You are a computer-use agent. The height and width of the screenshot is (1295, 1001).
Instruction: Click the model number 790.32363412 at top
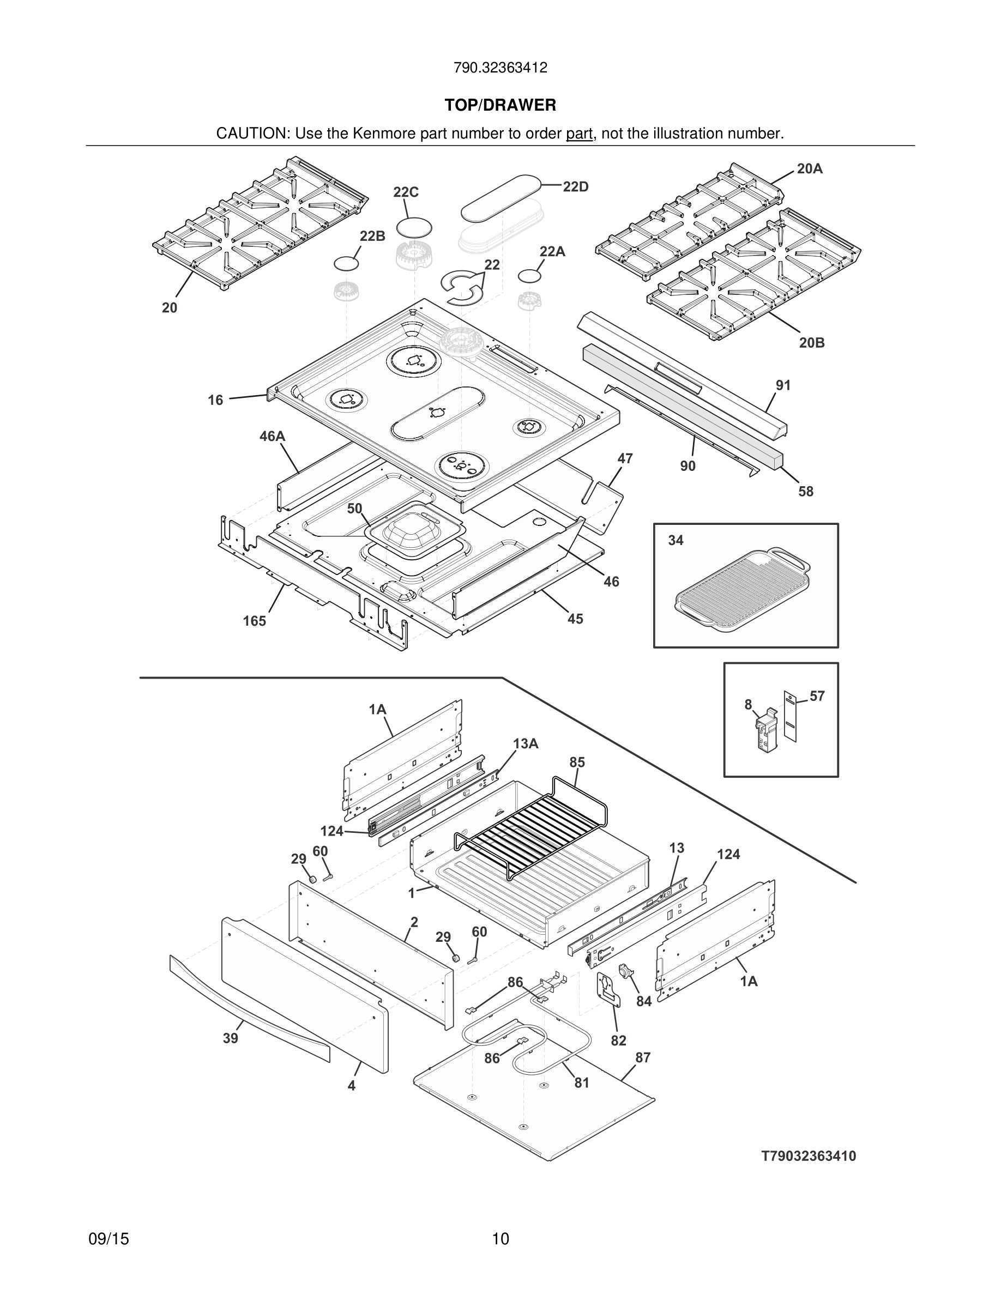500,68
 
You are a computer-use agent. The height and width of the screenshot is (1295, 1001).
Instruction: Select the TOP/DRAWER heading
500,106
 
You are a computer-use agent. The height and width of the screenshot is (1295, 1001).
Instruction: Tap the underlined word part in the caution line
579,134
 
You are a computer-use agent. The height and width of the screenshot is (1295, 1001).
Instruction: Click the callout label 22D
575,187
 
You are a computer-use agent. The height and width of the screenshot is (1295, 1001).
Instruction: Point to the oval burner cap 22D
501,196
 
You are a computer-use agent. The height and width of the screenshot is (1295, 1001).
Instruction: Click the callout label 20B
811,343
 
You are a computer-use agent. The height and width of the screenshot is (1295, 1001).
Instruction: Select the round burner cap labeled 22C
414,228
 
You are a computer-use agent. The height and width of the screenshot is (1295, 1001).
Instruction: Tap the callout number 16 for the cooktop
215,400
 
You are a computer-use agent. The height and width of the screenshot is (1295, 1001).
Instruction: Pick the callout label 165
255,621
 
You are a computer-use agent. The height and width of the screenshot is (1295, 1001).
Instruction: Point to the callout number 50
354,509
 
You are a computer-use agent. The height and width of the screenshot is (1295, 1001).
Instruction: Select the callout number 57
817,696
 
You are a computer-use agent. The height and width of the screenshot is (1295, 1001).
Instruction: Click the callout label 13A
526,743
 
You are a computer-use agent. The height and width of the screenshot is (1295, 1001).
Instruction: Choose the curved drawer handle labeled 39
249,1008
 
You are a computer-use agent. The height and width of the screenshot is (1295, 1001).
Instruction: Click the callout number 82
618,1040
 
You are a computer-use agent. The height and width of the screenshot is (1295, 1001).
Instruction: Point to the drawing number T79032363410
809,1155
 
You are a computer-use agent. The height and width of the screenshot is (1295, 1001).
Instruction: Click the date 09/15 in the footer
108,1239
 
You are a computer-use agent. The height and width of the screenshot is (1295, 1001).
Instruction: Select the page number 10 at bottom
500,1239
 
